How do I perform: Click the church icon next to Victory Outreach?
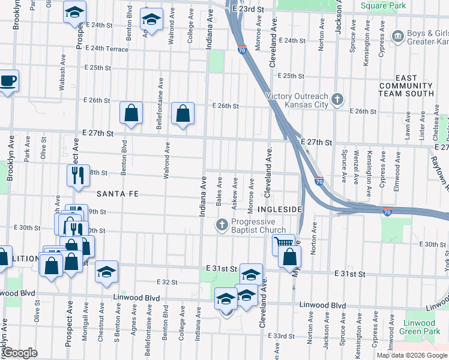tap(338, 98)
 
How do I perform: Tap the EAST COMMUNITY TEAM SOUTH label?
tap(414, 86)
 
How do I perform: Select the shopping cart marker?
tap(283, 244)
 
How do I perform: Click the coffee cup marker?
tap(8, 80)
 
